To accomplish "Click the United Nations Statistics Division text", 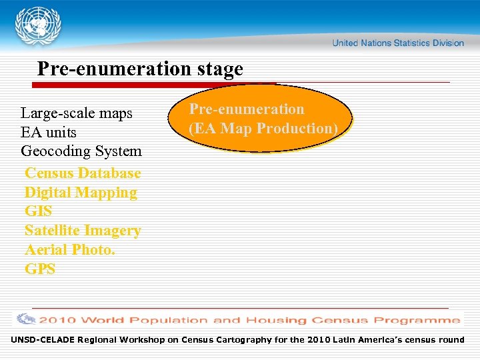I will click(x=397, y=43).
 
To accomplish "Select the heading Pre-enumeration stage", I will click(x=140, y=69).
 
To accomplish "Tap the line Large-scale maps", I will click(x=77, y=113).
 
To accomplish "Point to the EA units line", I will click(x=49, y=132).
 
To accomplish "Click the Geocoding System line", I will click(x=81, y=151).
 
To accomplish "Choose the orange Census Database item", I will click(x=83, y=173).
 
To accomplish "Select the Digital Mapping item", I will click(x=81, y=193).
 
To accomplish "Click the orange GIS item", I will click(x=38, y=212).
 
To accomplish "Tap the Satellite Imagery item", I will click(x=83, y=231).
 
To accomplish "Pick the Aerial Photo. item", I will click(x=70, y=250).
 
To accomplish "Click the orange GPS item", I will click(x=40, y=269).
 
